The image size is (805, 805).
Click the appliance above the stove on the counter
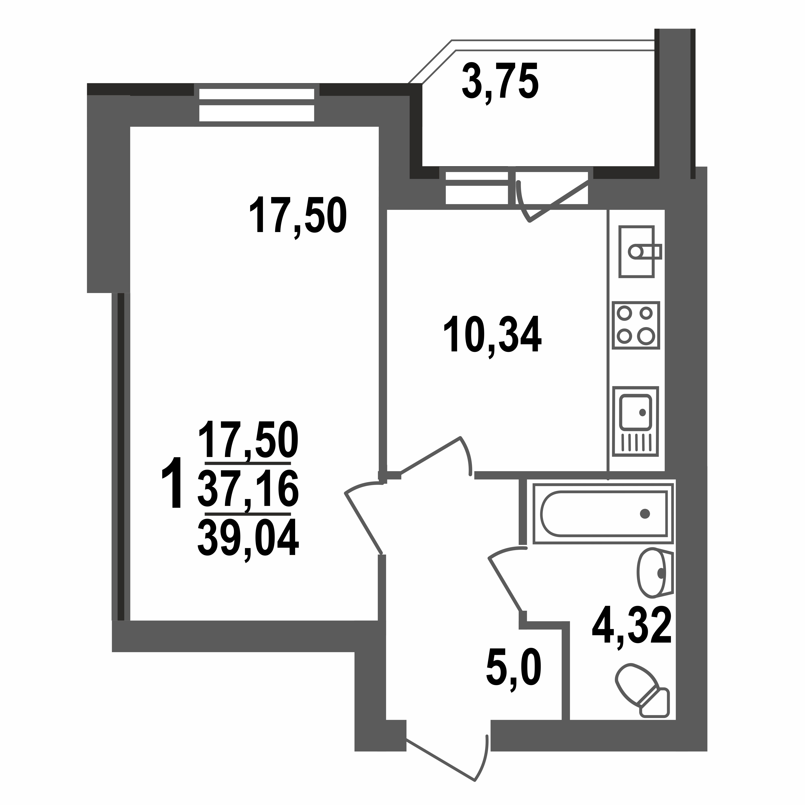(636, 251)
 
